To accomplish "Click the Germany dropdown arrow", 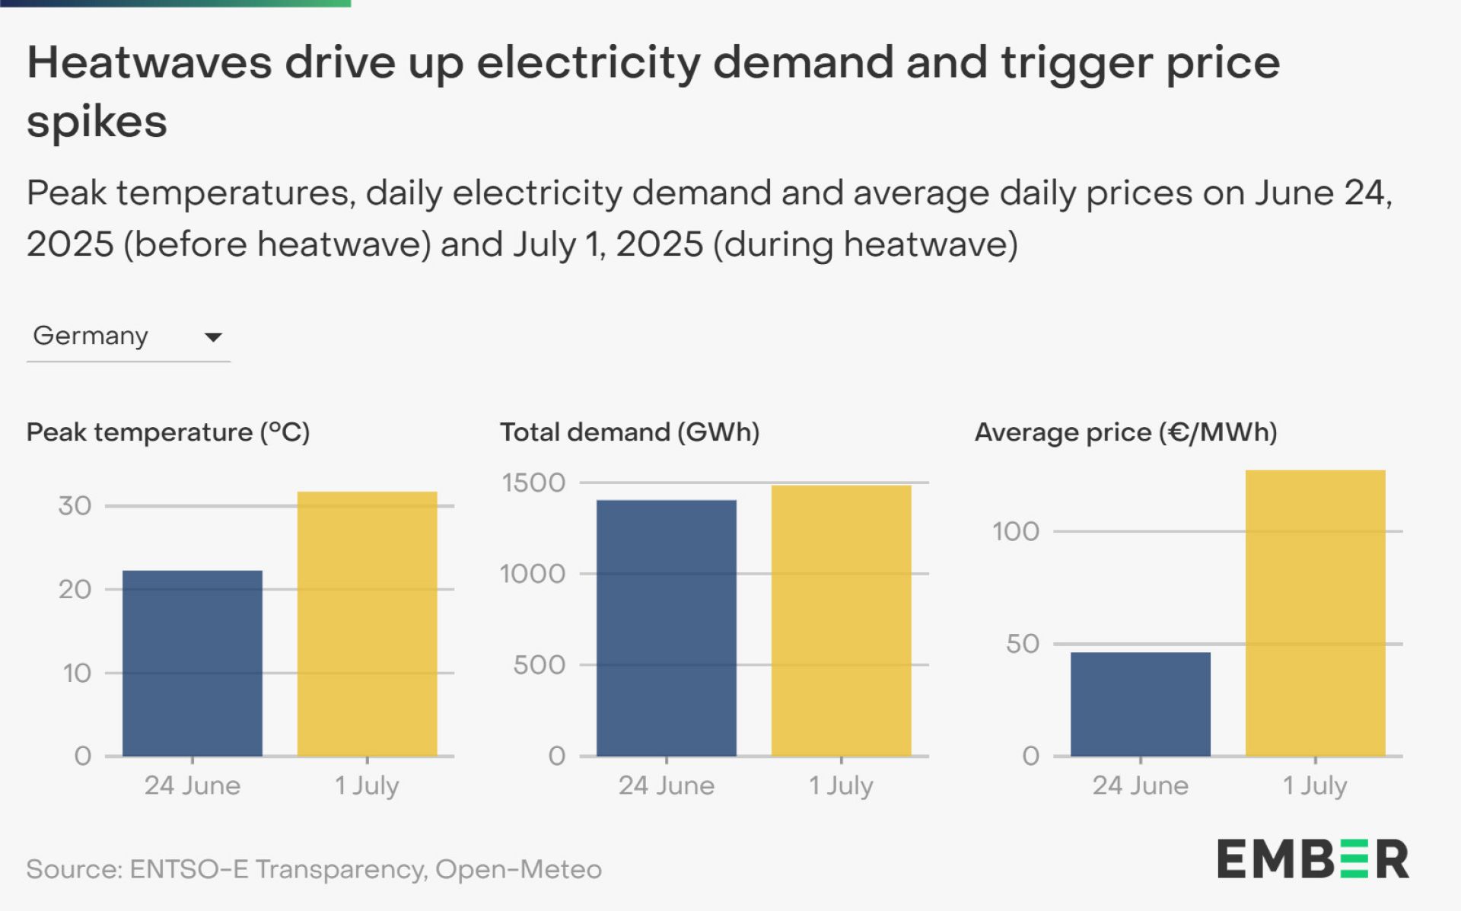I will (213, 337).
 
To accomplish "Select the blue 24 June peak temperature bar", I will (193, 663).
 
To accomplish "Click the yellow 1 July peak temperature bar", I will (367, 623).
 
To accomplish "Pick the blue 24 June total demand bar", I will (666, 628).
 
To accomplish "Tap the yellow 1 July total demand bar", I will (841, 620).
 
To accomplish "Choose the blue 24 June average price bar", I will (1140, 704).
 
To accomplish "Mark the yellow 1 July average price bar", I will (1315, 613).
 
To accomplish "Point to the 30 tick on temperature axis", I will (75, 506).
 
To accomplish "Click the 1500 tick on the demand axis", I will (533, 483).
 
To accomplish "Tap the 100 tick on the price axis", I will (1015, 531).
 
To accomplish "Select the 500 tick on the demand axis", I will (539, 665).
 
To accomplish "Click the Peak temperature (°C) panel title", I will (168, 432).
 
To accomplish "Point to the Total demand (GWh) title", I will (629, 432).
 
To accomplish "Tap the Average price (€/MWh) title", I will (1125, 432).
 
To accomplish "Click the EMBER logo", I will (1313, 859).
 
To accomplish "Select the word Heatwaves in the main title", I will (149, 62).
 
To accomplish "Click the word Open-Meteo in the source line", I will (518, 869).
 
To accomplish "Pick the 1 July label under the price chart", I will (1314, 785).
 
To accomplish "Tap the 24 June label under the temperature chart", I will (193, 785).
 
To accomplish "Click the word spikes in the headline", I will (97, 122).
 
